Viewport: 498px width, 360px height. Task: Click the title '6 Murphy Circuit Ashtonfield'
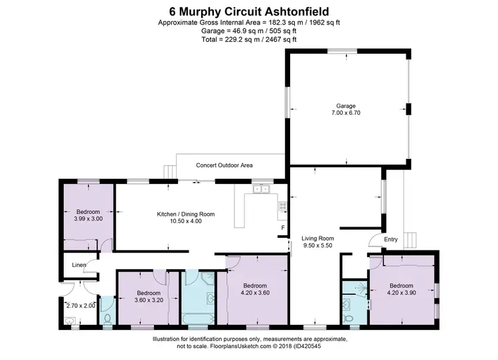249,11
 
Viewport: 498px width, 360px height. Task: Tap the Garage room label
346,106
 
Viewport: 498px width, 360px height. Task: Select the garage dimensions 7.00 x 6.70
346,114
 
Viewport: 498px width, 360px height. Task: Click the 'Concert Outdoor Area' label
224,165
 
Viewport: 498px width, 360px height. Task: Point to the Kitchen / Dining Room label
185,214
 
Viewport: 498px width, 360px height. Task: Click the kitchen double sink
260,189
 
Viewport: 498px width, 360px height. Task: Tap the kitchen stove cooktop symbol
282,205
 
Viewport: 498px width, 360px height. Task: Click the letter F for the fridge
283,228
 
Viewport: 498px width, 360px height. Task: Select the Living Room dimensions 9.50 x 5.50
317,246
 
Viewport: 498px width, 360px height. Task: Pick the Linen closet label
79,266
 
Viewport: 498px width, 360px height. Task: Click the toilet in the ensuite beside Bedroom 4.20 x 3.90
350,319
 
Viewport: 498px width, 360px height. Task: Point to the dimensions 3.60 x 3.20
148,300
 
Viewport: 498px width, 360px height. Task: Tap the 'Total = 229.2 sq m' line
249,39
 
